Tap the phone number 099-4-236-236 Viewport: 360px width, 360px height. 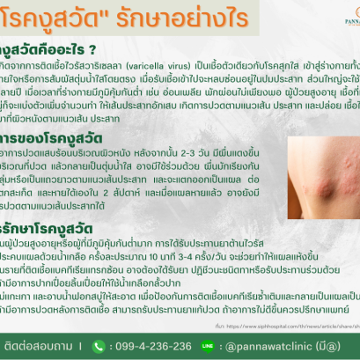coord(121,345)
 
